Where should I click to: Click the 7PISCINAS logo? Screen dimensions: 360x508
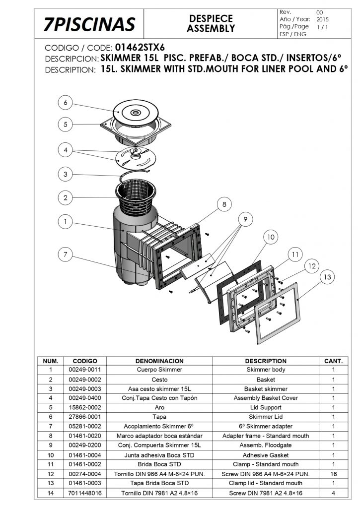click(89, 24)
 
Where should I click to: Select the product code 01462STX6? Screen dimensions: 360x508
click(140, 47)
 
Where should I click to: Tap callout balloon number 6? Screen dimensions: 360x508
click(65, 103)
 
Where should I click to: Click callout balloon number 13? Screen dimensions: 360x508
click(327, 277)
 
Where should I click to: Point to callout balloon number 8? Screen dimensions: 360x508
click(224, 204)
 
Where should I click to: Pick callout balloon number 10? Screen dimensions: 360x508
click(271, 237)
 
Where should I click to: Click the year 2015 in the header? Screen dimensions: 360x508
click(322, 19)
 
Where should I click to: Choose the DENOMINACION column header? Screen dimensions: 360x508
click(159, 361)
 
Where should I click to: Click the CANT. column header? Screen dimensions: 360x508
click(333, 361)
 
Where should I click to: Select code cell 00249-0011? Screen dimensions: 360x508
click(84, 370)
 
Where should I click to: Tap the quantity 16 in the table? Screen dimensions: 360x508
click(333, 474)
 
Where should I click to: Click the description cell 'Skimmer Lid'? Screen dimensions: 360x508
click(266, 417)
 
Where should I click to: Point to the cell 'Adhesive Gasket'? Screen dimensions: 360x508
click(266, 455)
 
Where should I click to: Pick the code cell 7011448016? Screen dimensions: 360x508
click(85, 493)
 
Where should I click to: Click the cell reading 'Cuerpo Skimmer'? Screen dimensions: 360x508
click(159, 370)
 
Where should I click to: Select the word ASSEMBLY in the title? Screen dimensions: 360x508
click(211, 28)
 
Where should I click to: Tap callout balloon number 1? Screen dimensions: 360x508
click(65, 222)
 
